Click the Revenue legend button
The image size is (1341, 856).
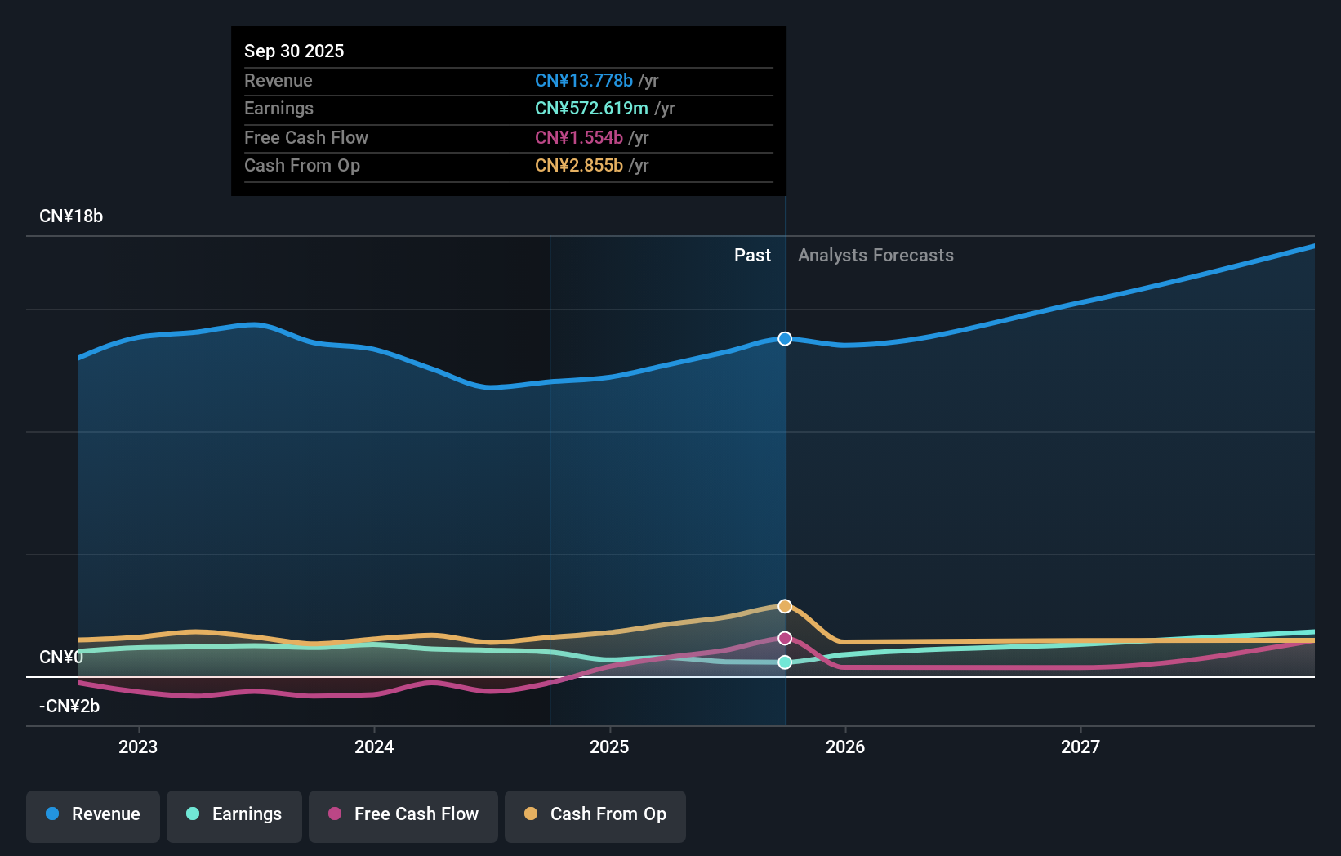tap(93, 814)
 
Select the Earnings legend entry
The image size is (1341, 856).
tap(234, 814)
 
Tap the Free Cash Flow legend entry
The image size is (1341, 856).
tap(403, 814)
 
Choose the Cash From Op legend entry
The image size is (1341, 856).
tap(595, 814)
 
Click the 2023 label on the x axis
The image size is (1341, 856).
tap(138, 747)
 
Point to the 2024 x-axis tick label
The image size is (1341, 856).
tap(374, 747)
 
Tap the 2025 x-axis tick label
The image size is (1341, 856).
tap(609, 747)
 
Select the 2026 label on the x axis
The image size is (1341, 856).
tap(845, 747)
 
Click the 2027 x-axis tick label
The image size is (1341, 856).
tap(1080, 747)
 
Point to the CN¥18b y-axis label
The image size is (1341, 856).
tap(71, 216)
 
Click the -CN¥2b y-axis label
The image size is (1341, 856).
tap(69, 707)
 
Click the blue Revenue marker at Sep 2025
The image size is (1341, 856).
tap(785, 339)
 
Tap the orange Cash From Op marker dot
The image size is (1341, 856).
tap(785, 606)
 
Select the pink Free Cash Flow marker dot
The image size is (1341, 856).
tap(785, 638)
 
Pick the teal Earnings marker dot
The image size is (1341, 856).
tap(785, 662)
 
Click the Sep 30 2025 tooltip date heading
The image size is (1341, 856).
tap(294, 51)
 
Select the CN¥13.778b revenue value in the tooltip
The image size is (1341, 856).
tap(584, 80)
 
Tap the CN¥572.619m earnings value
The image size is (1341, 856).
tap(591, 109)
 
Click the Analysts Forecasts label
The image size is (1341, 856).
tap(875, 256)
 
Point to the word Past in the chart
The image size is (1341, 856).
tap(752, 256)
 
